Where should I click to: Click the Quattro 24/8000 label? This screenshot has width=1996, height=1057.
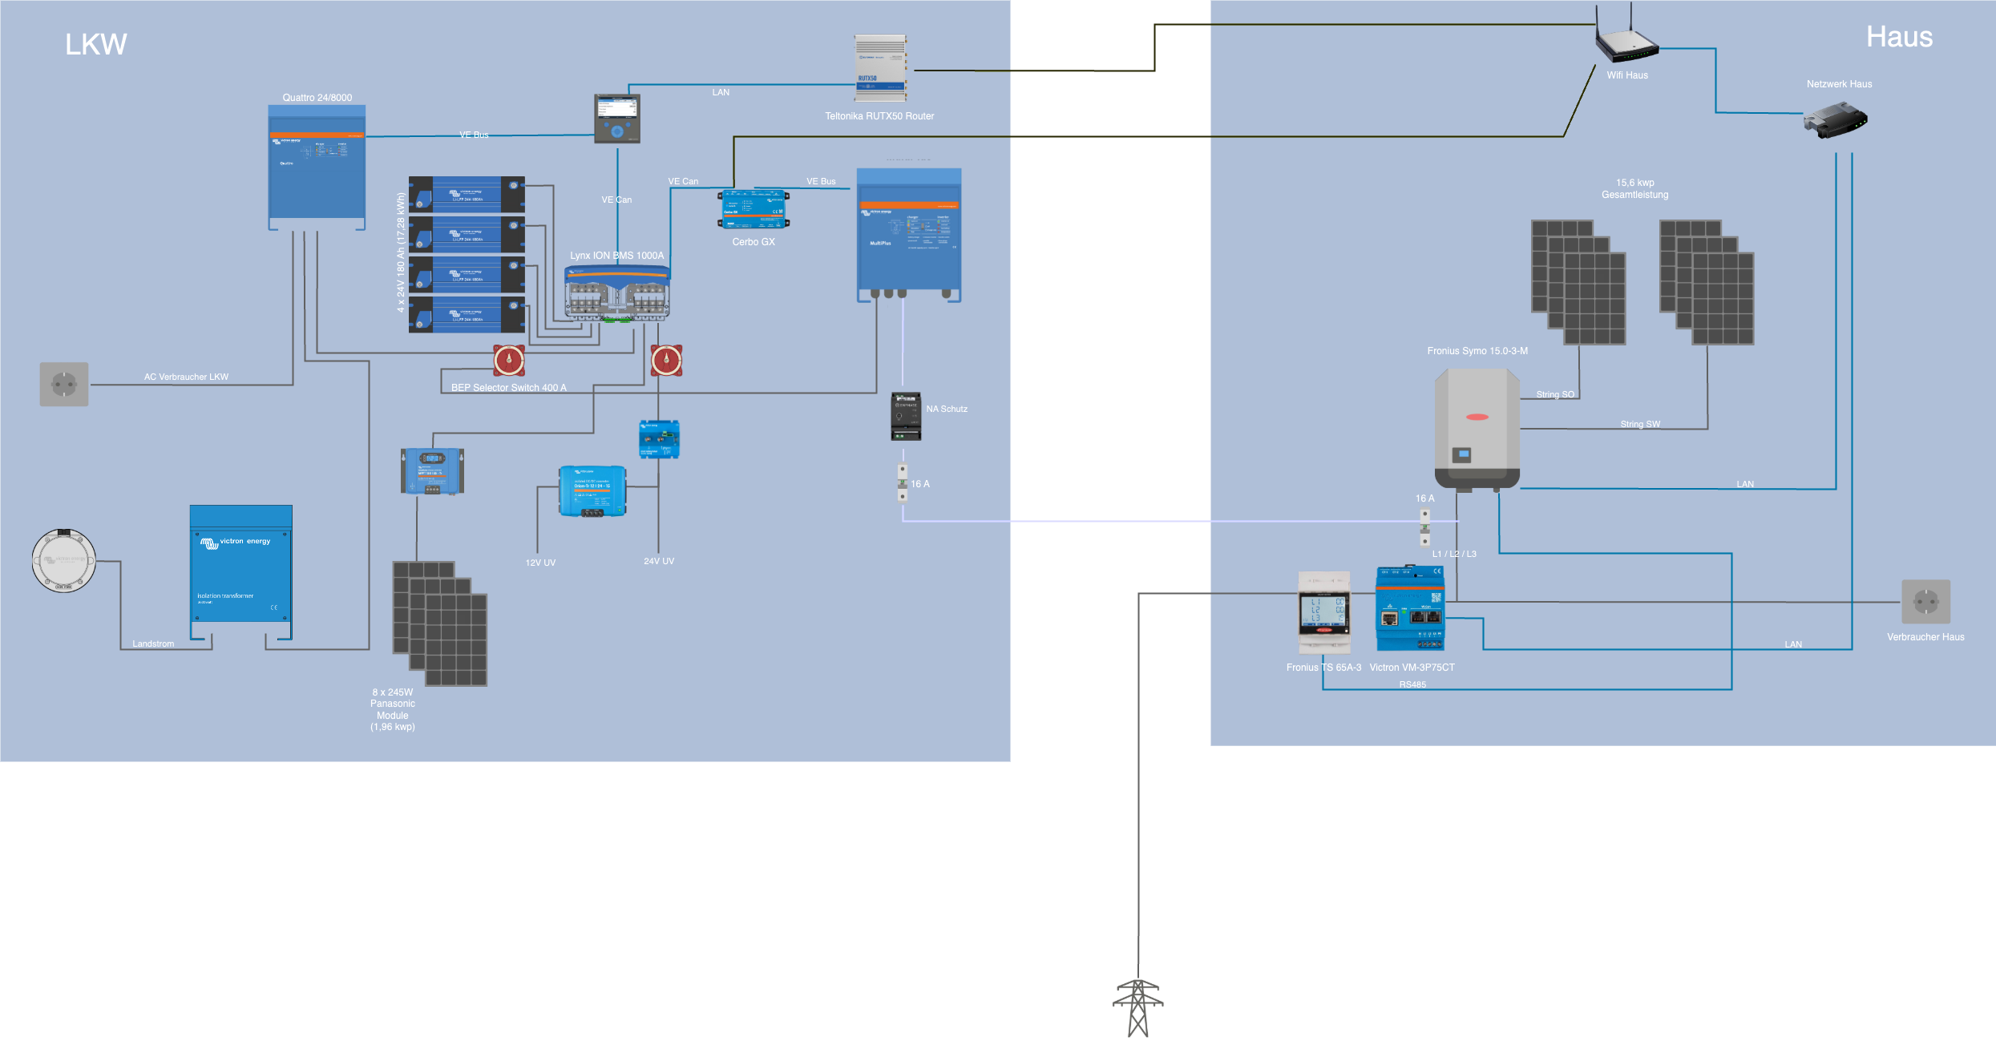[317, 98]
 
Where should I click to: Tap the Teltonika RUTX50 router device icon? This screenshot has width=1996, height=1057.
[880, 68]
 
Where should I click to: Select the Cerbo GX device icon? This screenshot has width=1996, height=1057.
[754, 210]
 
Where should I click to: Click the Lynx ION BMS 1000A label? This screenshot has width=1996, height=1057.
[616, 256]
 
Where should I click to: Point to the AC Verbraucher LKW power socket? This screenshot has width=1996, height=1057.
[64, 385]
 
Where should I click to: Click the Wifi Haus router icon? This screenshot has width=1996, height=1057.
[1626, 44]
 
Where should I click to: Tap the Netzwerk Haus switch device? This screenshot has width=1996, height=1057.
[1835, 120]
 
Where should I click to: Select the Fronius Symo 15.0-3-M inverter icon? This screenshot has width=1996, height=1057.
[1477, 429]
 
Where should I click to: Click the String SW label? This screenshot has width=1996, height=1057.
[1640, 424]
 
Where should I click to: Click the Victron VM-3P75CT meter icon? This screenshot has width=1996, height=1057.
[1410, 609]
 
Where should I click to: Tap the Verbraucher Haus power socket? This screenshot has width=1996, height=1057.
[1925, 602]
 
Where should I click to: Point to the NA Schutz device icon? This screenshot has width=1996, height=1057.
[906, 417]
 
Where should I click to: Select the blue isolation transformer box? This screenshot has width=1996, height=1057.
[240, 573]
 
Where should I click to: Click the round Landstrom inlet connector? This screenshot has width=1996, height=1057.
[64, 561]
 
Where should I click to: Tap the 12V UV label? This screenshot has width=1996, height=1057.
[540, 563]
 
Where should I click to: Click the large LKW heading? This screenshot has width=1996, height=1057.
[96, 44]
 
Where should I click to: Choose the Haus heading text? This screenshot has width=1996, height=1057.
[1899, 37]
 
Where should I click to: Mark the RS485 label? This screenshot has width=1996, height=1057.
[1412, 684]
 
